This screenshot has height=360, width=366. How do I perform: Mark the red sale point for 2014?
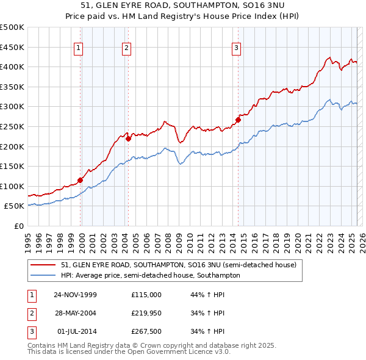238,120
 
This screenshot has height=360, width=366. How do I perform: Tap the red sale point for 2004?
129,139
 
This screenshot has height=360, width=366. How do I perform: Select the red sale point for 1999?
80,180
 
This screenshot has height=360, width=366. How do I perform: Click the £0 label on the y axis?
19,226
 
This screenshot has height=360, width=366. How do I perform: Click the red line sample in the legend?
43,265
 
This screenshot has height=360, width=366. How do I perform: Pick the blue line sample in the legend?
43,276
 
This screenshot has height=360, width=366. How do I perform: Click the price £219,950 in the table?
146,313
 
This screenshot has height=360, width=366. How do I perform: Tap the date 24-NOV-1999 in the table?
75,294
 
